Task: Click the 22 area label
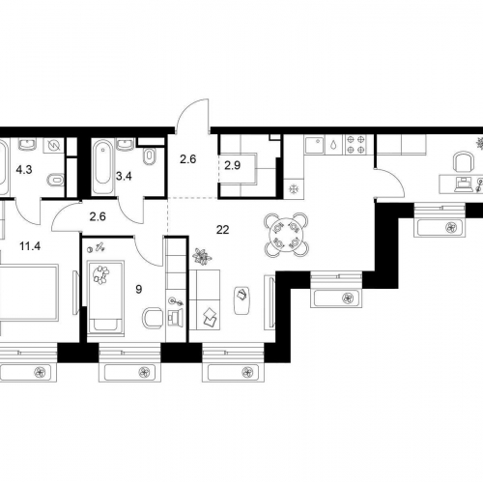(222, 230)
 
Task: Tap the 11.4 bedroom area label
(30, 246)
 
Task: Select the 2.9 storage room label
(232, 165)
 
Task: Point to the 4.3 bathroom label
(24, 170)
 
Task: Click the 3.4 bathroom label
(124, 176)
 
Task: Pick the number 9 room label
(139, 290)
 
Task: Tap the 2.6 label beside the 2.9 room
(188, 159)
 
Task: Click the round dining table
(286, 235)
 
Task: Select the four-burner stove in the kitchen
(355, 144)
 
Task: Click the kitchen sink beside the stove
(316, 144)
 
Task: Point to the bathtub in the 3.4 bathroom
(102, 166)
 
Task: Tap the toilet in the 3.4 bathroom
(150, 156)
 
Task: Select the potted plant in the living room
(202, 256)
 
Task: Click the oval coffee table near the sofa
(242, 300)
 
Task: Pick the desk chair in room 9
(153, 318)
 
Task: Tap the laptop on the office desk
(463, 185)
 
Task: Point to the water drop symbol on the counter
(333, 145)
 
